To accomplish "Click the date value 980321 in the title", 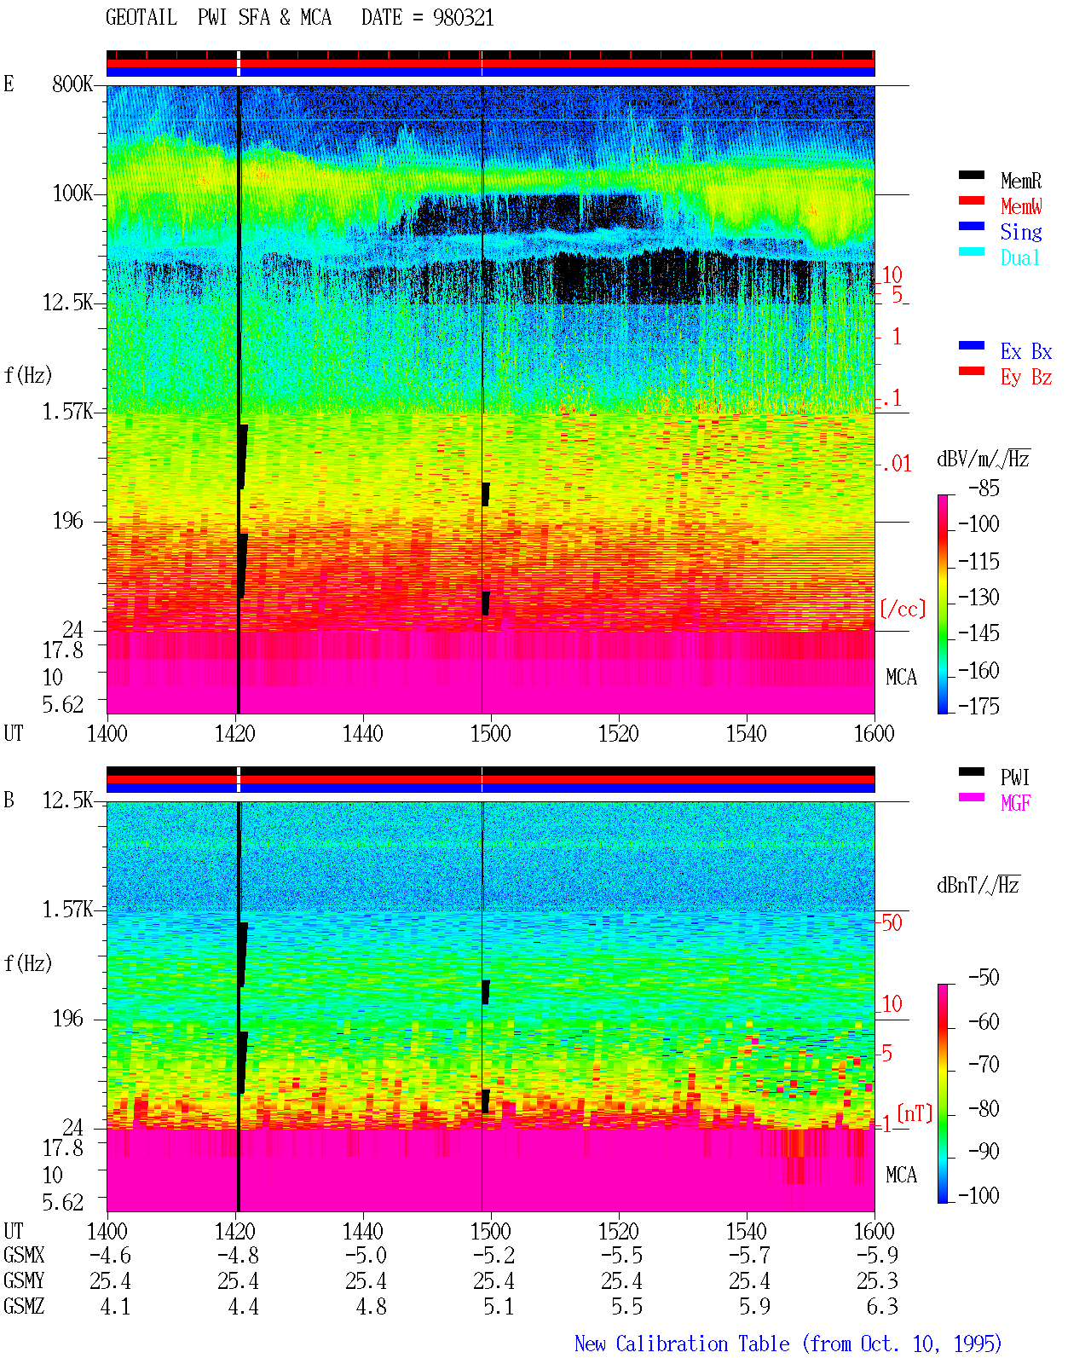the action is [463, 18].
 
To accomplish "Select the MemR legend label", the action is [1020, 181].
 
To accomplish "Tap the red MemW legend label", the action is [1020, 206].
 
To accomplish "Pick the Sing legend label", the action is [1020, 232].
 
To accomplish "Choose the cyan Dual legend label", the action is [1019, 257].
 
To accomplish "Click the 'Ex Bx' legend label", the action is [1025, 351].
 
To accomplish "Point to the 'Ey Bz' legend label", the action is [1025, 378].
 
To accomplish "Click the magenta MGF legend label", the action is [1015, 803].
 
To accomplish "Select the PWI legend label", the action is [1014, 777].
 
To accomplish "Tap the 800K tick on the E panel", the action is [72, 84].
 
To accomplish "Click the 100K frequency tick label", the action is [72, 194].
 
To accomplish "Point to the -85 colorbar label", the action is [983, 488].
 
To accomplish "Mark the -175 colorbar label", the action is [978, 706].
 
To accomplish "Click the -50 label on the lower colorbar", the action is [983, 978].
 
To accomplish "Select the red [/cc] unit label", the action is [903, 609].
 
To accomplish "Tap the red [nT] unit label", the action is [915, 1113].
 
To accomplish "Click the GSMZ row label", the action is [24, 1306].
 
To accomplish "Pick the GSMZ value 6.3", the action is [881, 1306].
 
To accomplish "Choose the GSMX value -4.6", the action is [110, 1255].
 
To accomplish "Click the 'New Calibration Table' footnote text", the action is [682, 1344].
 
